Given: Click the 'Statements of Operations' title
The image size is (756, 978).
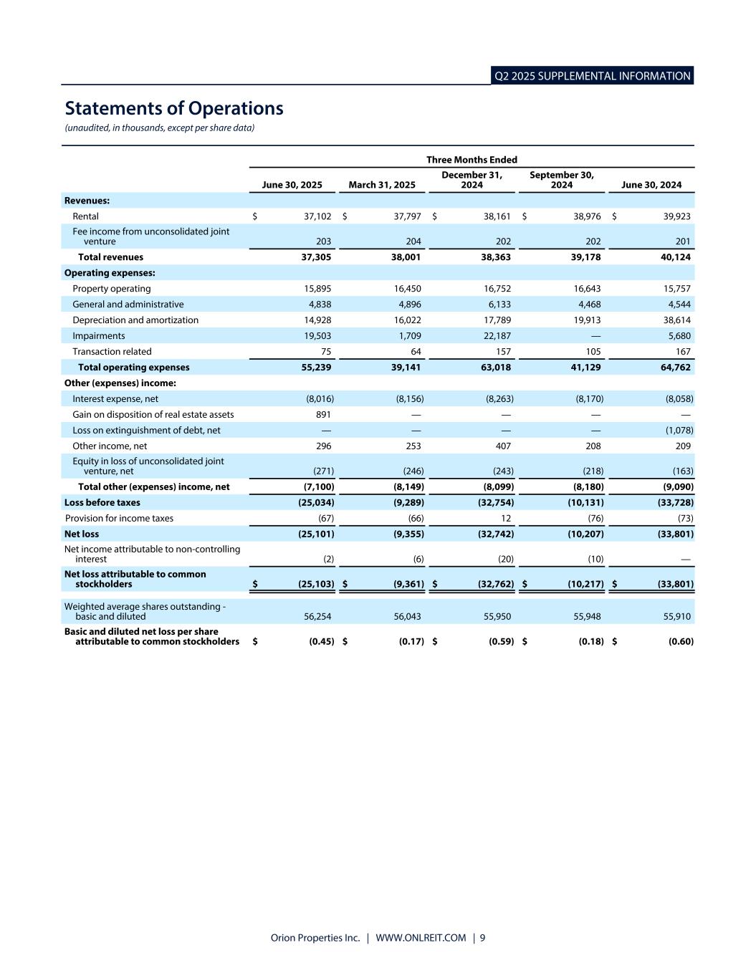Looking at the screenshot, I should pyautogui.click(x=174, y=108).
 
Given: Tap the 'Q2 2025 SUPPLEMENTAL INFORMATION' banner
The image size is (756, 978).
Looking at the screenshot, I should pyautogui.click(x=592, y=76).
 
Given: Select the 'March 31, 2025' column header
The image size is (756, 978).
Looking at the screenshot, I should pyautogui.click(x=381, y=185).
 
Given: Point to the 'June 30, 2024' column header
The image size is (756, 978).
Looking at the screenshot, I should pyautogui.click(x=651, y=185).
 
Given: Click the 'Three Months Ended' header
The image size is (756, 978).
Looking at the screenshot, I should pyautogui.click(x=472, y=160).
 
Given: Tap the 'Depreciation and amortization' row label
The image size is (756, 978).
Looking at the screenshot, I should pyautogui.click(x=135, y=320).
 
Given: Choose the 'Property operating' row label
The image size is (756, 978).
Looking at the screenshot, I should pyautogui.click(x=111, y=289).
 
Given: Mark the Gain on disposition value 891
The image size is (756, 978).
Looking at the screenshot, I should pyautogui.click(x=323, y=415).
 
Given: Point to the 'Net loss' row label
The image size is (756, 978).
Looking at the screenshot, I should pyautogui.click(x=82, y=534).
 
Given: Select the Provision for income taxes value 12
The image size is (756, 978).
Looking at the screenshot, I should pyautogui.click(x=506, y=518).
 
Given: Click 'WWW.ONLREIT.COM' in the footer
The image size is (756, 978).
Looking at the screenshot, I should pyautogui.click(x=421, y=938).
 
